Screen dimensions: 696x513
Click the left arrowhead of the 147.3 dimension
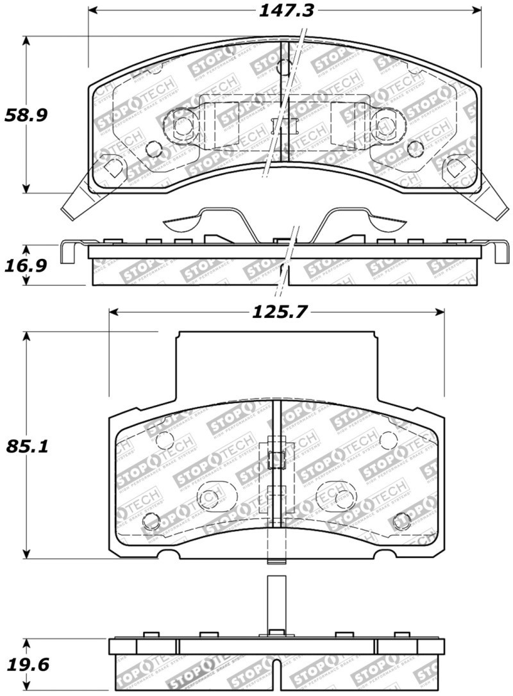point(92,10)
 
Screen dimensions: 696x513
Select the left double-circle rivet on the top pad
point(181,124)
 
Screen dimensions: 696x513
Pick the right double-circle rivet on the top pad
point(384,124)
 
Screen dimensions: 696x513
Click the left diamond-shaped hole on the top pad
point(113,167)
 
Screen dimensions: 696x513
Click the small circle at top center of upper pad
point(284,67)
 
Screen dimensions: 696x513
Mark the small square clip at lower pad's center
point(275,459)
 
